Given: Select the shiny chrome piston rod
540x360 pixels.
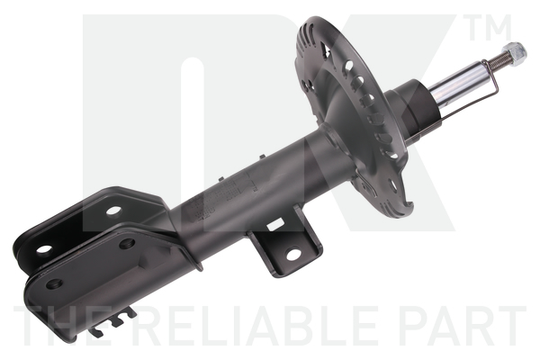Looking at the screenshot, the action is tap(458, 81).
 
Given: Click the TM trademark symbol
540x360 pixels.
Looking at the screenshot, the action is tap(489, 28).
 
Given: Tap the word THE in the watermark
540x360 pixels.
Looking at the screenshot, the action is tap(69, 326).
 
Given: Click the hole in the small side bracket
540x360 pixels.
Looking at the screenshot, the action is tap(293, 255).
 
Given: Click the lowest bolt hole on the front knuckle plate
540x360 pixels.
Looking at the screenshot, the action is tap(54, 283).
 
